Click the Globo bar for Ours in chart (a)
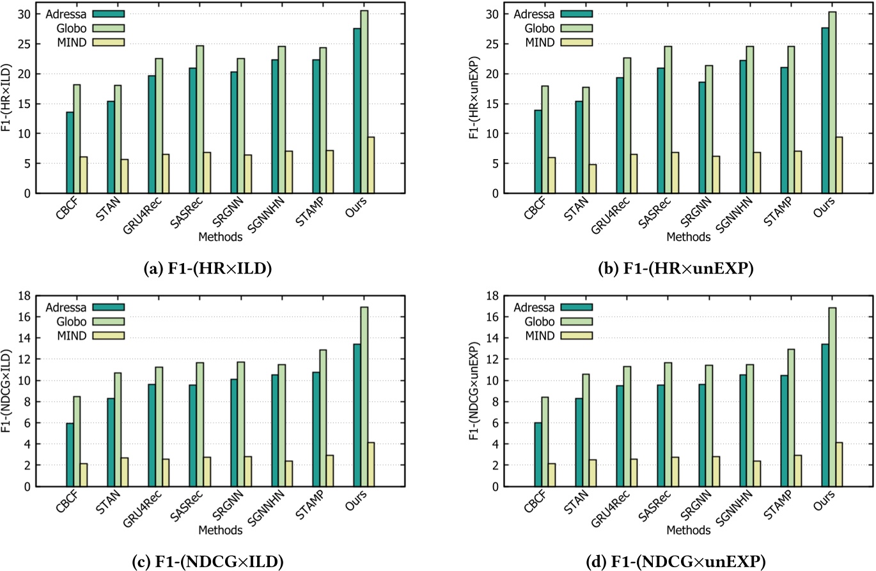364,102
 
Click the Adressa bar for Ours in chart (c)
356,415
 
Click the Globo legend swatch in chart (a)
109,27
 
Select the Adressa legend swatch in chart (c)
109,306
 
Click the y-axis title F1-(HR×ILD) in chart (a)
8,98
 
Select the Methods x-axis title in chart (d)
687,529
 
